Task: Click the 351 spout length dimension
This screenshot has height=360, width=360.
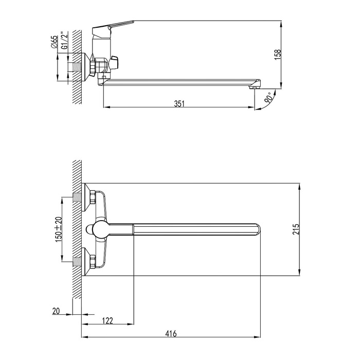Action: [179, 104]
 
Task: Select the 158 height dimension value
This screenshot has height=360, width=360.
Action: [278, 55]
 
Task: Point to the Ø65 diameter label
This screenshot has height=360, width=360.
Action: [55, 42]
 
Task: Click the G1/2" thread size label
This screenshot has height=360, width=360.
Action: [65, 41]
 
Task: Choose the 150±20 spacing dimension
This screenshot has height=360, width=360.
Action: [58, 229]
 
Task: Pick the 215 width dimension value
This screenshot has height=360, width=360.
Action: [296, 229]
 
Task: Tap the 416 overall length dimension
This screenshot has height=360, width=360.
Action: [171, 333]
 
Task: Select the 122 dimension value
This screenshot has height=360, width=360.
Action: [107, 320]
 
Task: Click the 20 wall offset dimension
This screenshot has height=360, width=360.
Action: [56, 311]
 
